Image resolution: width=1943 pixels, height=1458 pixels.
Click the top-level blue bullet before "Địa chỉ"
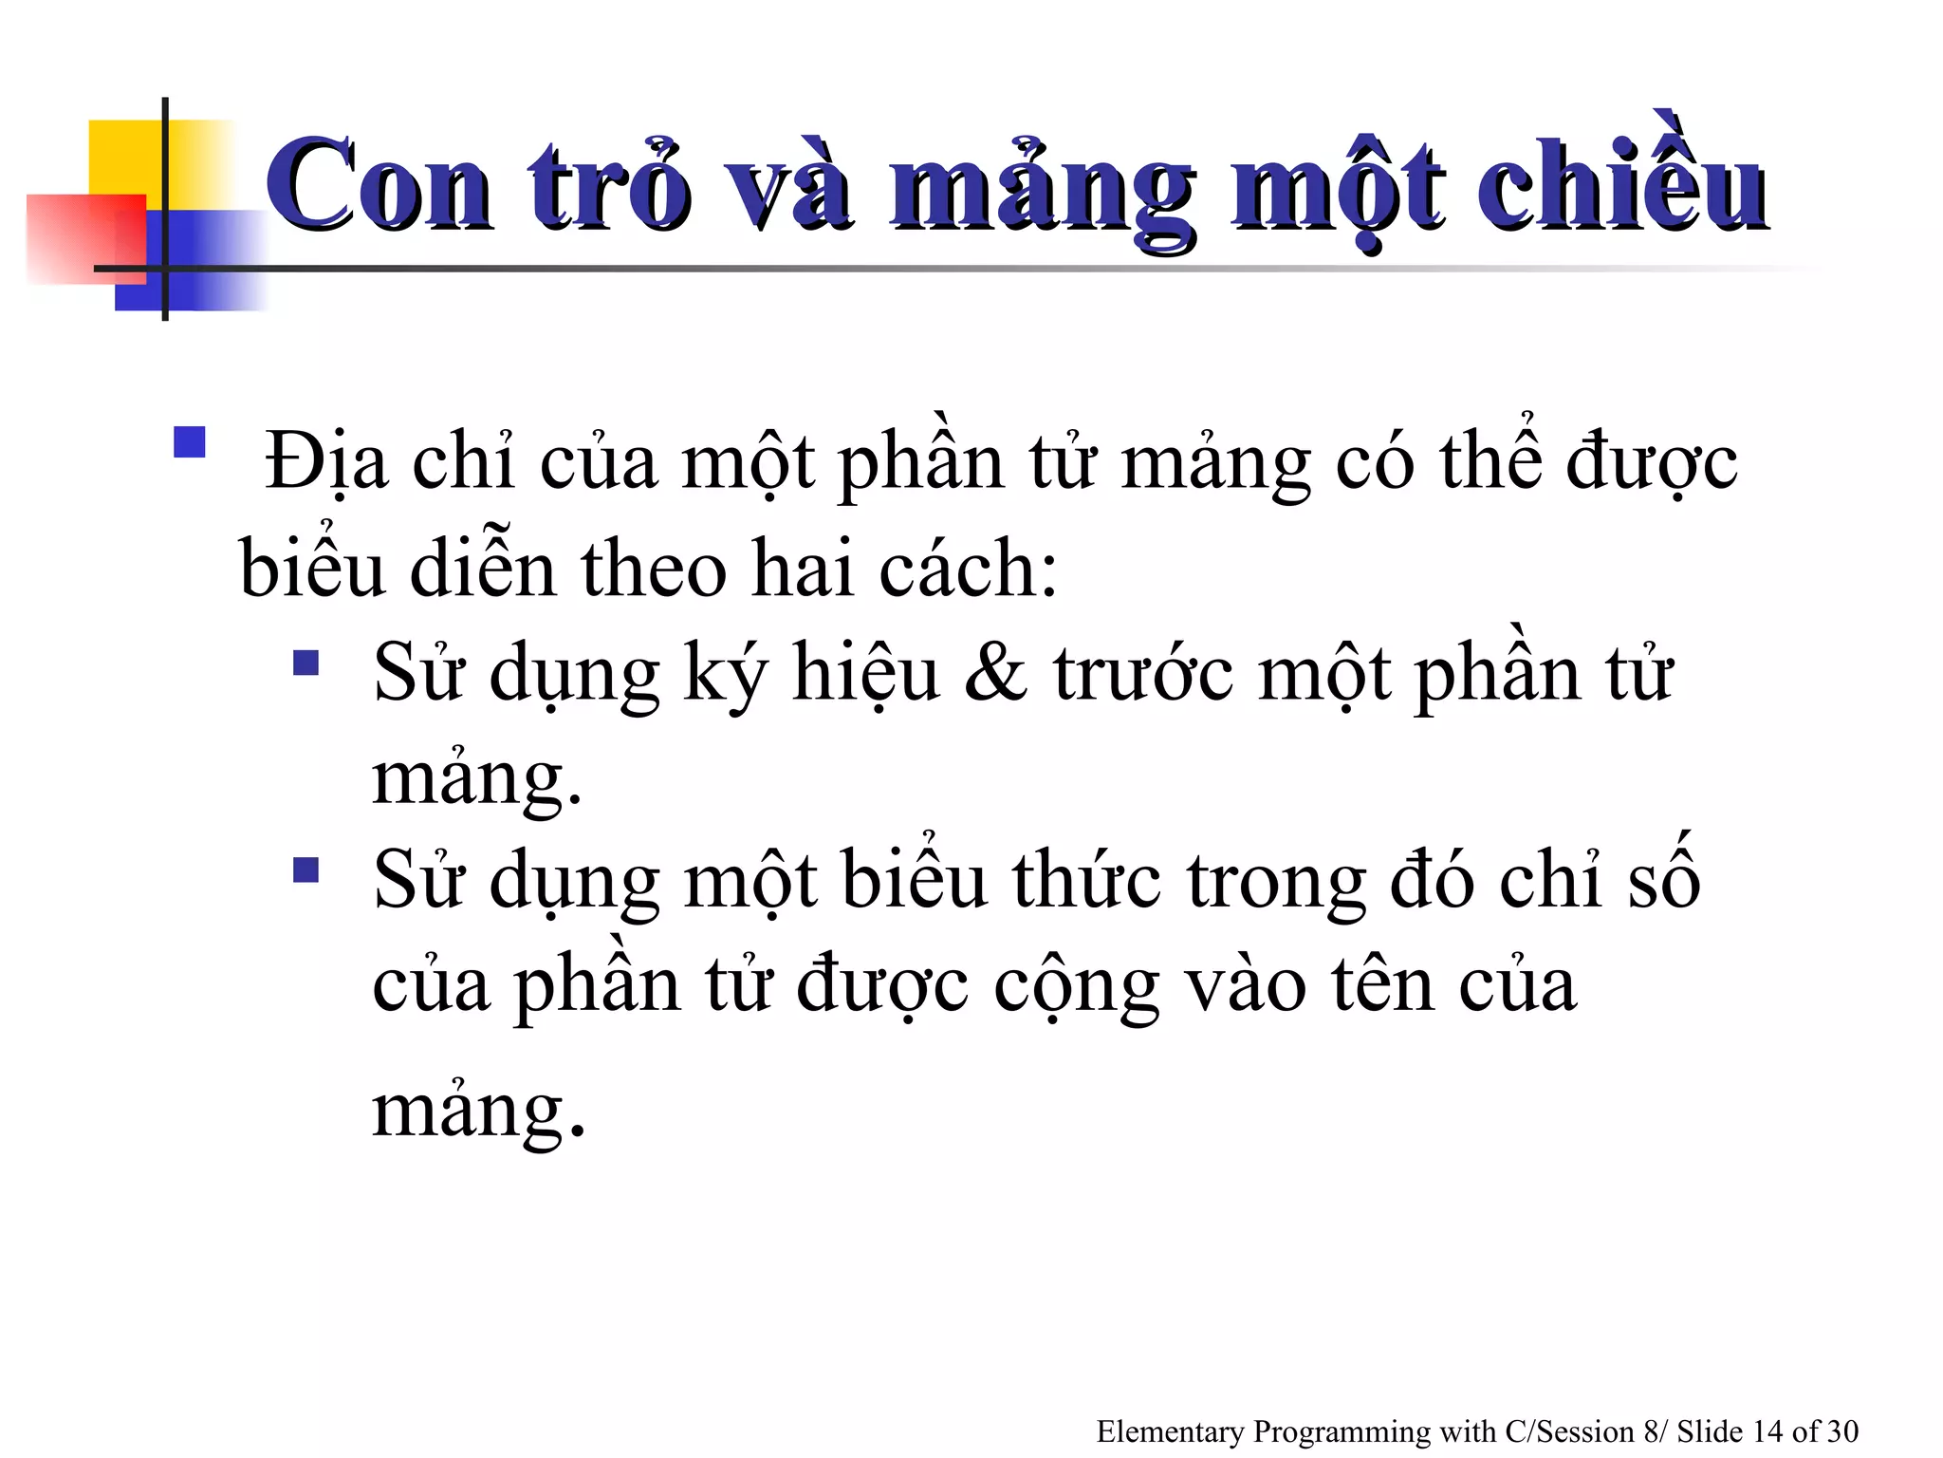[190, 442]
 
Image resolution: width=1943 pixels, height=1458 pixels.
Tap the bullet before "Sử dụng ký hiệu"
[305, 662]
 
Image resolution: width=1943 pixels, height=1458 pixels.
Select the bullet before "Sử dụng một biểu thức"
[305, 869]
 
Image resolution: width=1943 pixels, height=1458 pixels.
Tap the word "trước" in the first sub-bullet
[1144, 673]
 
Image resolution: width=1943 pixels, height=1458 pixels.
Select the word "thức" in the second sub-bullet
[1086, 881]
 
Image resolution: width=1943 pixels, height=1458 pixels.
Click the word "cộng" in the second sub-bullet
[1076, 987]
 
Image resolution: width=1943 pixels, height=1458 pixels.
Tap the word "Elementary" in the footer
[1170, 1431]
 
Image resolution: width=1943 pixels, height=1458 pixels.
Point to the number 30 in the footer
[1841, 1431]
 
